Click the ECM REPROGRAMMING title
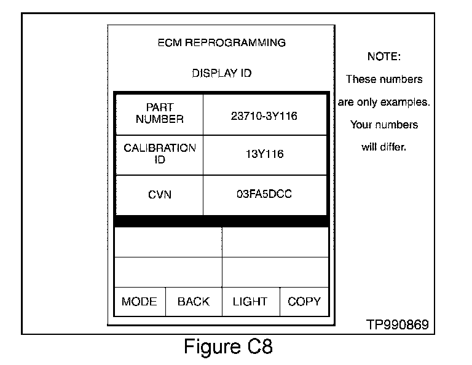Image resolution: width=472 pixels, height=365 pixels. (x=221, y=43)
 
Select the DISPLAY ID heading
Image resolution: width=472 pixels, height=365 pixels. (x=221, y=73)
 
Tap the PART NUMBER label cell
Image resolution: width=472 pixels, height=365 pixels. (x=159, y=114)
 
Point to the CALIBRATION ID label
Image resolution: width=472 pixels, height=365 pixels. (x=159, y=154)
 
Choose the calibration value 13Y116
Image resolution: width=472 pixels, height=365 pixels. (x=265, y=155)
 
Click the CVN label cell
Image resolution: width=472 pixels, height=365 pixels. (x=159, y=195)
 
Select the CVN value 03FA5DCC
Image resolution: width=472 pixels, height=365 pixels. (x=264, y=194)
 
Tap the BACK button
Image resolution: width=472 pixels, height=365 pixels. (x=193, y=302)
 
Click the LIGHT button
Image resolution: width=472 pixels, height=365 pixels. (x=250, y=302)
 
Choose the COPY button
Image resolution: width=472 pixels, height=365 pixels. (x=304, y=302)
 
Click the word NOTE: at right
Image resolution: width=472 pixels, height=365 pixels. (x=383, y=57)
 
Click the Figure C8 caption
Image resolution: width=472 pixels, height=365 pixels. (x=228, y=347)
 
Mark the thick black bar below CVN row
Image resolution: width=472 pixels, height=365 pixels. (x=221, y=221)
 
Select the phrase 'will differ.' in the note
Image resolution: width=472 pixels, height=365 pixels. (x=383, y=147)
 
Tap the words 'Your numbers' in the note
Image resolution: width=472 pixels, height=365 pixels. (x=383, y=125)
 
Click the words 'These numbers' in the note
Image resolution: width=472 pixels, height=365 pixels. (x=383, y=79)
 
